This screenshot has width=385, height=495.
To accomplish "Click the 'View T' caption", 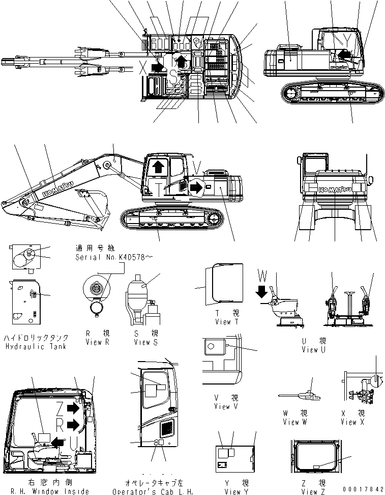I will tap(223, 322).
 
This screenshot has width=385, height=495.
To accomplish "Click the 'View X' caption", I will tap(348, 422).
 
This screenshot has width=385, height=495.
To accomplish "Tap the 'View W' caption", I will tap(294, 422).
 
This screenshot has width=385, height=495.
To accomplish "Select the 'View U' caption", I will tap(310, 349).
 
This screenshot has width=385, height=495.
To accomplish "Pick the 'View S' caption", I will tap(142, 342).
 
